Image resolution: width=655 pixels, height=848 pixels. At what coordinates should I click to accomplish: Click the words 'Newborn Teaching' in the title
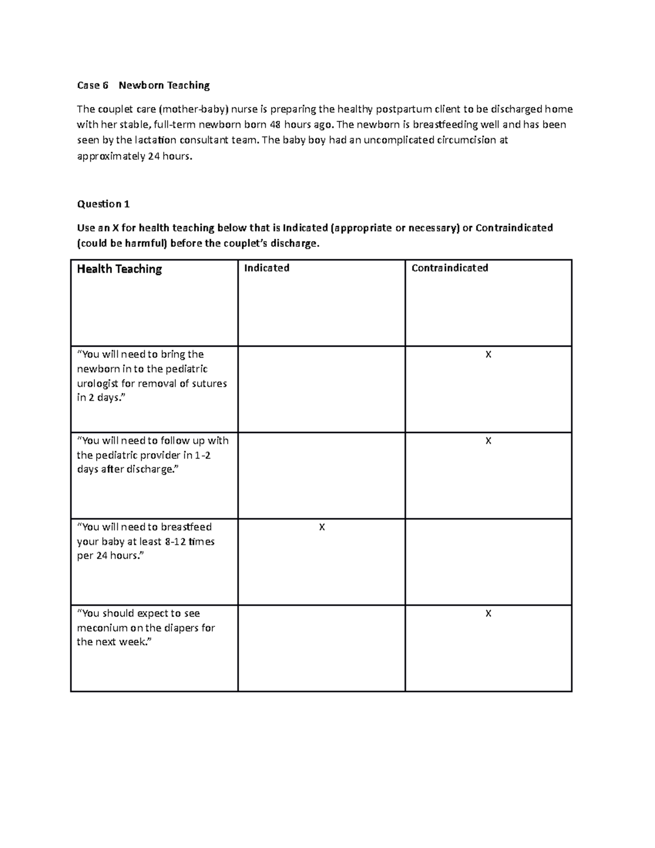(x=164, y=85)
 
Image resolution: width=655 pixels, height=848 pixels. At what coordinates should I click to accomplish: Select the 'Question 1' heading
(x=103, y=204)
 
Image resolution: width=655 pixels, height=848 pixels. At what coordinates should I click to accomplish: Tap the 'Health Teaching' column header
(x=120, y=269)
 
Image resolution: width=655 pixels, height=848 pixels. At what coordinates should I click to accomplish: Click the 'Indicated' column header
(x=266, y=268)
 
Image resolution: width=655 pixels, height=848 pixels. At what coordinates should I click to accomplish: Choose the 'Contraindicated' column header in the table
(x=450, y=268)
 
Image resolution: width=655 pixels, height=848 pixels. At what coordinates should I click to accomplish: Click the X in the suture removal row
(x=489, y=355)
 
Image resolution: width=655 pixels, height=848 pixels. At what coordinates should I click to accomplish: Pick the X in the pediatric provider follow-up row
(x=489, y=441)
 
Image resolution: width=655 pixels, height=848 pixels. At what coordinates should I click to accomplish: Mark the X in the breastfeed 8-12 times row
(x=322, y=527)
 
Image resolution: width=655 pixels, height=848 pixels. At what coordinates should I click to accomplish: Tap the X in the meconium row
(x=489, y=614)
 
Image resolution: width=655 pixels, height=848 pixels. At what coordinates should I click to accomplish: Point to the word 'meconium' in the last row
(x=102, y=628)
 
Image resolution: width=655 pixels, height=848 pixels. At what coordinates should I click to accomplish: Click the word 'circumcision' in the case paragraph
(x=467, y=140)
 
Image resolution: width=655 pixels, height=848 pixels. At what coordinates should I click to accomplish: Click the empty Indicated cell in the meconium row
(x=321, y=648)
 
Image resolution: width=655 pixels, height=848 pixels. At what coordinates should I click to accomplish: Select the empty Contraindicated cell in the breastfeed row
(x=489, y=562)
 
